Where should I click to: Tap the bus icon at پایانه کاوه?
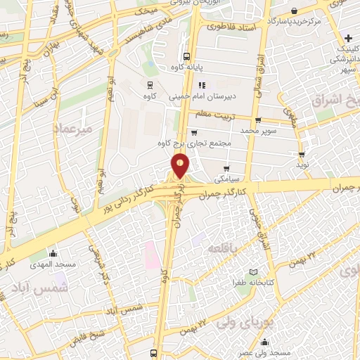(x=186, y=57)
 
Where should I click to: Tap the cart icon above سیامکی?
(x=226, y=168)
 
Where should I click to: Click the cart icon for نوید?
(x=302, y=155)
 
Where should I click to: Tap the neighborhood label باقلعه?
(x=226, y=248)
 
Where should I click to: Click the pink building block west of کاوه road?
(x=150, y=255)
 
